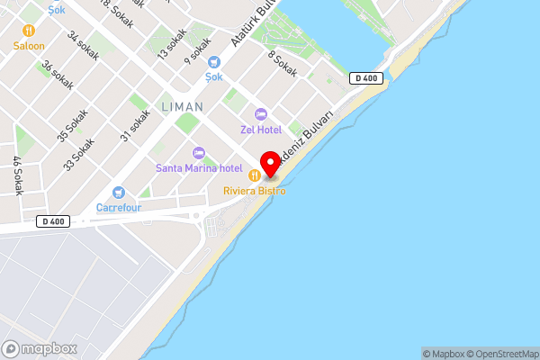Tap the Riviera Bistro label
pyautogui.click(x=256, y=191)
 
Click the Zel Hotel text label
pyautogui.click(x=261, y=129)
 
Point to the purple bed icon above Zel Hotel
pyautogui.click(x=261, y=113)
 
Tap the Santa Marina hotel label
pyautogui.click(x=199, y=167)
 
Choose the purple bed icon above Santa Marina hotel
pyautogui.click(x=199, y=152)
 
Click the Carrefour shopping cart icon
pyautogui.click(x=118, y=193)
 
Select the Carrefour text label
pyautogui.click(x=118, y=208)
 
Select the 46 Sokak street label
pyautogui.click(x=17, y=175)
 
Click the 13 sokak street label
pyautogui.click(x=172, y=44)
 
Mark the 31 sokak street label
pyautogui.click(x=135, y=126)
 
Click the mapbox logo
pyautogui.click(x=40, y=348)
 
